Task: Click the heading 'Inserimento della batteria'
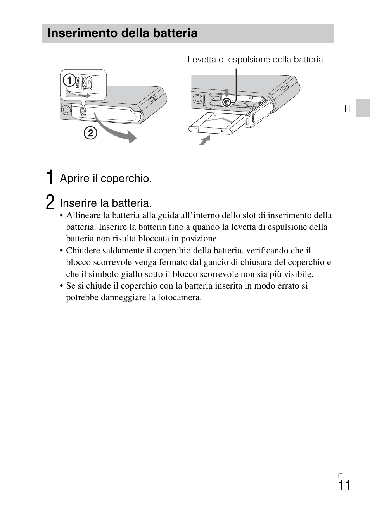click(122, 33)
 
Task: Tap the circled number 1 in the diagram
click(69, 81)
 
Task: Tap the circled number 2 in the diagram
click(90, 133)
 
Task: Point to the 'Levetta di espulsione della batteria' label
click(255, 60)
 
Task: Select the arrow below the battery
click(204, 140)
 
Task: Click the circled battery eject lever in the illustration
click(227, 102)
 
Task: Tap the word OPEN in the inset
click(78, 83)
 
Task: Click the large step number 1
click(49, 177)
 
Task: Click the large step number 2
click(50, 202)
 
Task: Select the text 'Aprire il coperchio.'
click(105, 178)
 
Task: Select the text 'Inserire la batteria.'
click(105, 203)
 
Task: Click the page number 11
click(344, 486)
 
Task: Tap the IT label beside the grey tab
click(348, 108)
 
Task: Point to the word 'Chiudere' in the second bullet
click(83, 251)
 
